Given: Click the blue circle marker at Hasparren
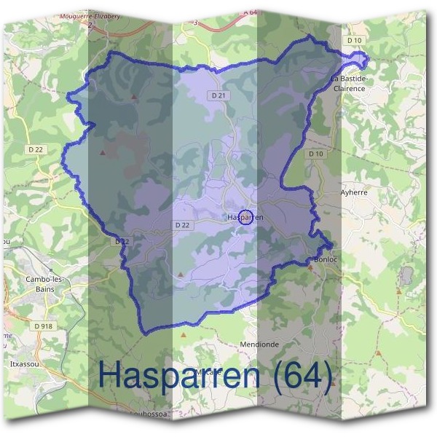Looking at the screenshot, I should [x=246, y=217].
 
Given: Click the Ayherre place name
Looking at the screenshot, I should [x=354, y=192].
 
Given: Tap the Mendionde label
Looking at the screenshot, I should [x=259, y=344].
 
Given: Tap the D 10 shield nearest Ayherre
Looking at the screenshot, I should [x=315, y=154].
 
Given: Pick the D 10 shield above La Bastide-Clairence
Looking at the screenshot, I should [x=354, y=40].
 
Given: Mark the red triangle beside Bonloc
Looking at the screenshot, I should [x=310, y=267].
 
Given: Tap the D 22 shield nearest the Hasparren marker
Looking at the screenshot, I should [x=183, y=225].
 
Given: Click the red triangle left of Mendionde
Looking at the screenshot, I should [x=184, y=335].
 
